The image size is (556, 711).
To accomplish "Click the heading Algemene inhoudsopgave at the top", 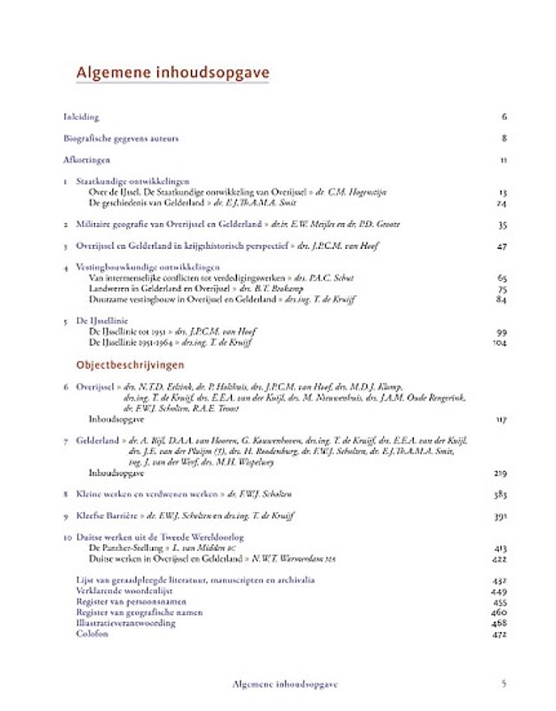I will [172, 72].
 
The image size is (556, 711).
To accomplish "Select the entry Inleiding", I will [82, 116].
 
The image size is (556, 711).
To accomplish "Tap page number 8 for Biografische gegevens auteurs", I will [504, 138].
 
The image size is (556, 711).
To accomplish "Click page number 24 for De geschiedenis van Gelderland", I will [502, 203].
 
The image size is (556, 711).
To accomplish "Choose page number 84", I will [502, 300].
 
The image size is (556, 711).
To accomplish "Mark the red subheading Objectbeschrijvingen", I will [130, 364].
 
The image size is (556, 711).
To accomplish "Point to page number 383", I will [500, 493].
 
